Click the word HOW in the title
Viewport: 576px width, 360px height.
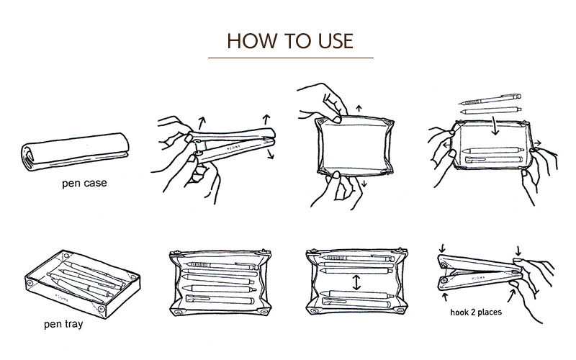(251, 41)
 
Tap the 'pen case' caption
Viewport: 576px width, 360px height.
(84, 183)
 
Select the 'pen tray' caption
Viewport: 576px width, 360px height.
(63, 324)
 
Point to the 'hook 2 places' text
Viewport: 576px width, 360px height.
(476, 312)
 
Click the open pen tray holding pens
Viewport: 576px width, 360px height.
(82, 284)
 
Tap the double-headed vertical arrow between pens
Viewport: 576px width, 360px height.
(356, 282)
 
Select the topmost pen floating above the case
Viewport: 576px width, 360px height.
(490, 99)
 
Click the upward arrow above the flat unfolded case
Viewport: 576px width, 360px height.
(359, 109)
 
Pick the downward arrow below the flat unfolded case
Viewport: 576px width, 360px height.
(364, 184)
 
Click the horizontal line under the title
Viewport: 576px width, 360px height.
(291, 58)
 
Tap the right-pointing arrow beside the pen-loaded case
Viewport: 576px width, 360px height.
(537, 143)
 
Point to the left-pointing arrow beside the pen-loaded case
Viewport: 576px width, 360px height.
(446, 145)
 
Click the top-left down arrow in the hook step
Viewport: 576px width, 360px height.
(442, 248)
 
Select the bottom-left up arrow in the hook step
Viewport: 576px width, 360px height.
(445, 297)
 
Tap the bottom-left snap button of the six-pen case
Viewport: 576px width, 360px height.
(179, 312)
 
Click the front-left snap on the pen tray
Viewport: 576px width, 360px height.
(30, 283)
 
